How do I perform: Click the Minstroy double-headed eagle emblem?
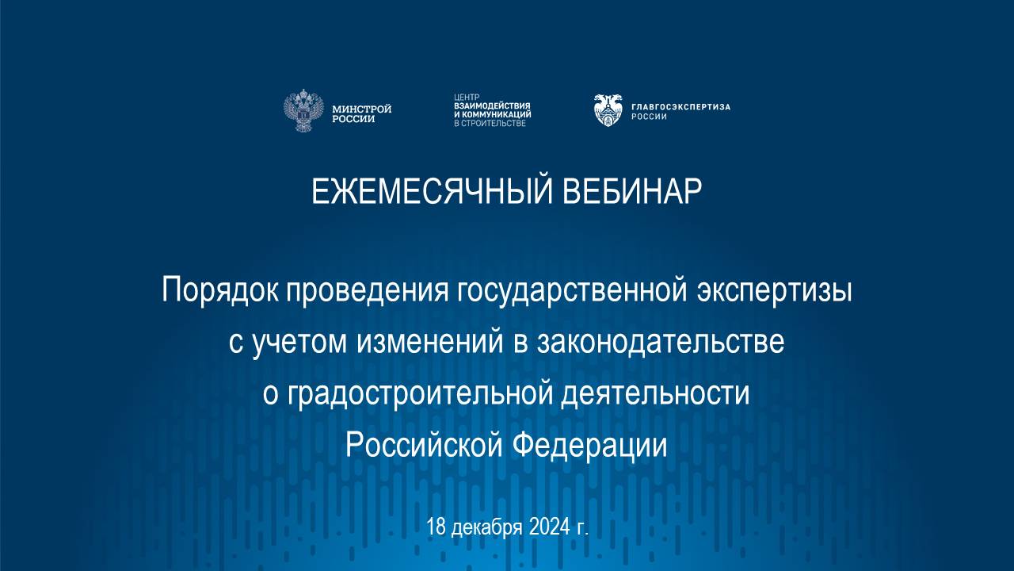pyautogui.click(x=303, y=110)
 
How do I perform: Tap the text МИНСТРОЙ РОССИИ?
pyautogui.click(x=361, y=113)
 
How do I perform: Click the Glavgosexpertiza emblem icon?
pyautogui.click(x=608, y=110)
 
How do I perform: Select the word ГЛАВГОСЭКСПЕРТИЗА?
pyautogui.click(x=680, y=106)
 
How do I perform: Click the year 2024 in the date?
pyautogui.click(x=546, y=527)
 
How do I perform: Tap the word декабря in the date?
pyautogui.click(x=486, y=527)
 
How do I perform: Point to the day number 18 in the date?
pyautogui.click(x=436, y=527)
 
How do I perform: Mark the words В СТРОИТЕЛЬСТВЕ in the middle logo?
pyautogui.click(x=490, y=124)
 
